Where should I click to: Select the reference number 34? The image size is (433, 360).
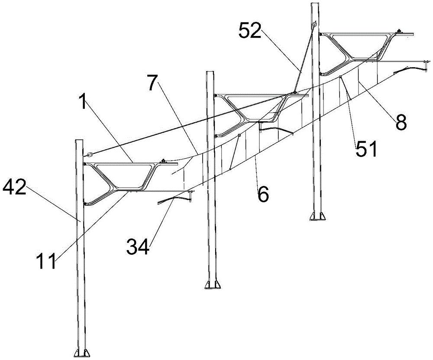coord(138,246)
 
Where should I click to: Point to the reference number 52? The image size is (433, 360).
coord(250,30)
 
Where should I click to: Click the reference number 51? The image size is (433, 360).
coord(365,148)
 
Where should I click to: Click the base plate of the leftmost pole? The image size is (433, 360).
coord(82,353)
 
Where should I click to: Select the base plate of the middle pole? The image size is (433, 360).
coord(213,285)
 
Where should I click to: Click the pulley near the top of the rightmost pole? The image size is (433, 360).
coord(314,26)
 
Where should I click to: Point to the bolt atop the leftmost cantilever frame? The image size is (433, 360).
coord(164,161)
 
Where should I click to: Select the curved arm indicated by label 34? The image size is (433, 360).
coord(176,197)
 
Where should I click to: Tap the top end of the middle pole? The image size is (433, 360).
coord(210,72)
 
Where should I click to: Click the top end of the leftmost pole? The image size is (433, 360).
coord(80,141)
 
